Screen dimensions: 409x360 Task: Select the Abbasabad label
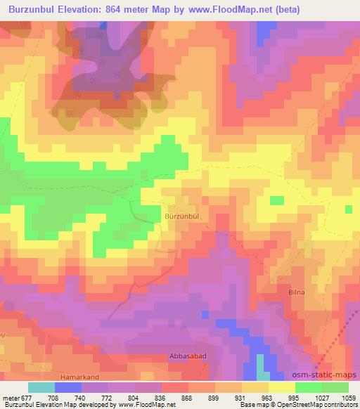(187, 356)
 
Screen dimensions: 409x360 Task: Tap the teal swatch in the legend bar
(41, 387)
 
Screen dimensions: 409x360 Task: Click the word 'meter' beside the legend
(10, 398)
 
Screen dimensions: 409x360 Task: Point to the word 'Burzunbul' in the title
(36, 9)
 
